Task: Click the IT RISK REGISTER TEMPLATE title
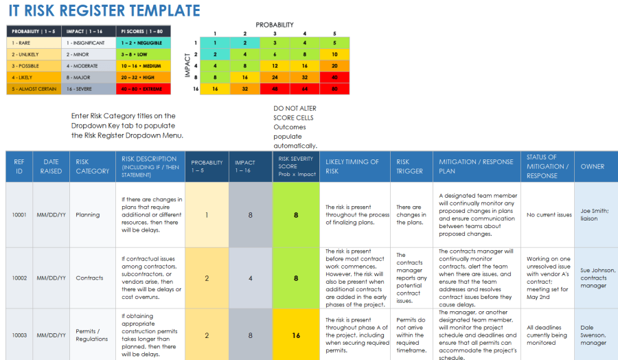(x=104, y=11)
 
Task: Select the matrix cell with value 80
(x=334, y=88)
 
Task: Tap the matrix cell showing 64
(x=304, y=88)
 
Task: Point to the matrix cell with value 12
(x=274, y=65)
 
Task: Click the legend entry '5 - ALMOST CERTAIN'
(x=32, y=89)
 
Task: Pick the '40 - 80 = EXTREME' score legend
(x=144, y=89)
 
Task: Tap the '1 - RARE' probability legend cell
(x=32, y=43)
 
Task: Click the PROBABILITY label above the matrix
(x=275, y=25)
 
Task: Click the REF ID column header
(x=19, y=166)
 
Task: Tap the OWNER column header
(x=593, y=166)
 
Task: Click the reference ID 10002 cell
(x=19, y=278)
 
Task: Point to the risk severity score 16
(x=296, y=335)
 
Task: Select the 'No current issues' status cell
(x=549, y=215)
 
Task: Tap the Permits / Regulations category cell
(x=92, y=335)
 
